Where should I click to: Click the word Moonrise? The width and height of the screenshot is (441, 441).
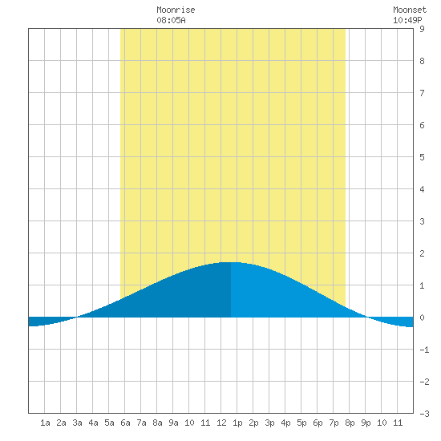(176, 10)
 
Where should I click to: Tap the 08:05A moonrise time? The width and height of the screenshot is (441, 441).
(171, 20)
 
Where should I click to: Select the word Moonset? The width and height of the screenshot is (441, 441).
(410, 10)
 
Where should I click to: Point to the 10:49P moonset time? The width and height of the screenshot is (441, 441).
(407, 20)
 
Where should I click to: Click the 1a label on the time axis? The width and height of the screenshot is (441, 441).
(45, 423)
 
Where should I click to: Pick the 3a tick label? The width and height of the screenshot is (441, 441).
(77, 423)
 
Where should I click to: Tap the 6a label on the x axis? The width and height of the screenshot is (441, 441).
(125, 423)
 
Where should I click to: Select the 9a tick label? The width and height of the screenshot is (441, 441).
(173, 423)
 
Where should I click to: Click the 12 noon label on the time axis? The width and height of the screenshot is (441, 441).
(221, 423)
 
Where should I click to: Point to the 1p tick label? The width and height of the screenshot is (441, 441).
(237, 423)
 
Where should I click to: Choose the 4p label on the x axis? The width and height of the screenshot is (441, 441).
(285, 423)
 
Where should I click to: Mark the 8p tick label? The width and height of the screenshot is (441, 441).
(350, 423)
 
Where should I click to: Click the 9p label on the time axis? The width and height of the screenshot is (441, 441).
(366, 423)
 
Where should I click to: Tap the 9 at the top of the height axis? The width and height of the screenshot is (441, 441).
(422, 29)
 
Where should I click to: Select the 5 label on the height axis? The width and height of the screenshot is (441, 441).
(422, 157)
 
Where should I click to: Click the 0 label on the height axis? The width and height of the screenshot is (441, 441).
(422, 318)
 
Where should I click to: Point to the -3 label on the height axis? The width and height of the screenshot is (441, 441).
(424, 414)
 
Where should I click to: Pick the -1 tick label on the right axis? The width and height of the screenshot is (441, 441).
(424, 350)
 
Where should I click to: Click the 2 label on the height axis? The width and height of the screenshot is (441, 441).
(422, 253)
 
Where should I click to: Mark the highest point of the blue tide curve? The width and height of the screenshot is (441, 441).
(231, 262)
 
